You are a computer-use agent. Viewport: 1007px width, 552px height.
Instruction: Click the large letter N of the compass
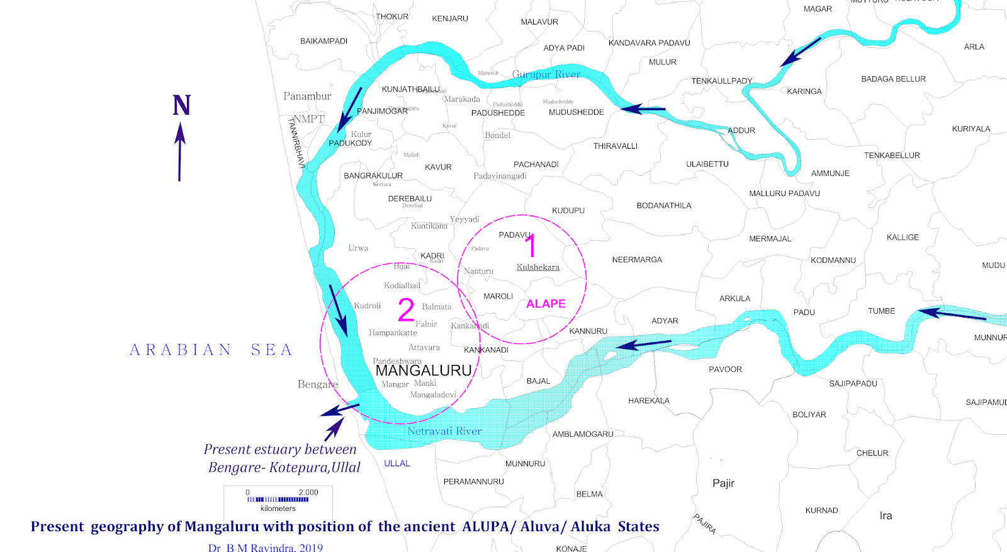(181, 105)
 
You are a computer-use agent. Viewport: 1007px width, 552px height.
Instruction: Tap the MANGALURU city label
(424, 371)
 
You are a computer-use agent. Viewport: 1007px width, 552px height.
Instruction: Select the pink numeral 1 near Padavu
(531, 246)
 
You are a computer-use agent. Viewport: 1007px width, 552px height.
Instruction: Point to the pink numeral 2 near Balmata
(406, 309)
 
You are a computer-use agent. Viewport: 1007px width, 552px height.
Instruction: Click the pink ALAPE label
(546, 304)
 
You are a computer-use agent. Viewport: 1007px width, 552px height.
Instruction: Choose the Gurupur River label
(546, 74)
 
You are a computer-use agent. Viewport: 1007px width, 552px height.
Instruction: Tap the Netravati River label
(444, 431)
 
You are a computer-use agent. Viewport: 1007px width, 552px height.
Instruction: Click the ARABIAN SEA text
(211, 350)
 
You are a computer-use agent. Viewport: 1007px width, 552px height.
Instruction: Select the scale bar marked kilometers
(278, 499)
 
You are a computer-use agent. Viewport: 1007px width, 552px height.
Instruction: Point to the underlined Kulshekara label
(537, 267)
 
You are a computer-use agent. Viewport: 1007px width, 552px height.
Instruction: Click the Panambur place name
(307, 96)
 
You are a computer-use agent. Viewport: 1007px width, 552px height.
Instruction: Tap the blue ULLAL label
(397, 463)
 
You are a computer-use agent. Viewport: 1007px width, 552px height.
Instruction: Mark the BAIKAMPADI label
(323, 41)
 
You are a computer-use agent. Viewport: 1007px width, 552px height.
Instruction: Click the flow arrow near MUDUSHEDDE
(643, 109)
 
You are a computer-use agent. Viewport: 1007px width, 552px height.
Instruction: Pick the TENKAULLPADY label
(721, 81)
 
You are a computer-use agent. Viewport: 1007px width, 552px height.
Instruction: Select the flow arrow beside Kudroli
(338, 309)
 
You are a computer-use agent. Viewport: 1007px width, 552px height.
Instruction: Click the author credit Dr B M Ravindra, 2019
(265, 547)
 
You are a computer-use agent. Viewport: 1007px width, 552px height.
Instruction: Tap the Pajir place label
(723, 483)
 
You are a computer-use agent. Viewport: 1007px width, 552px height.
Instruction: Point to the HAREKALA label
(648, 401)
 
